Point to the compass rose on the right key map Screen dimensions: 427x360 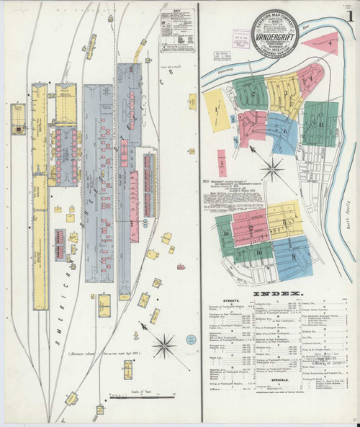tap(272, 171)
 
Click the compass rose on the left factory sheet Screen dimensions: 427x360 tap(165, 344)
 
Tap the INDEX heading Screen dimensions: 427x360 tap(277, 297)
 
